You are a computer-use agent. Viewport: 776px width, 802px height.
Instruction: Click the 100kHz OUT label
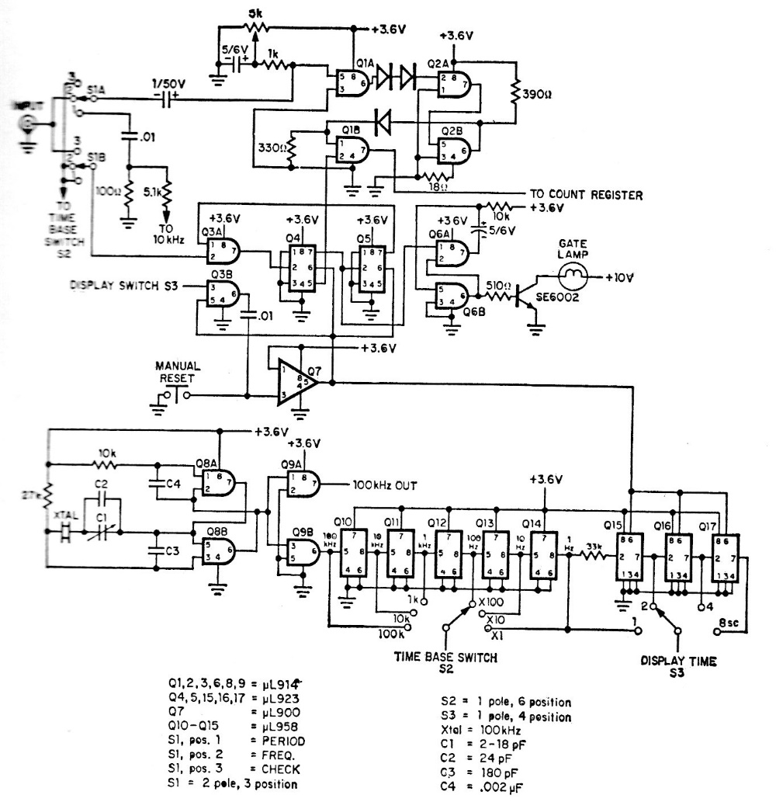[385, 486]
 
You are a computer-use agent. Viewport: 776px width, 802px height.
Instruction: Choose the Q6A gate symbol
[450, 251]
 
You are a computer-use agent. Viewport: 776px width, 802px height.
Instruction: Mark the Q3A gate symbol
[223, 250]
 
